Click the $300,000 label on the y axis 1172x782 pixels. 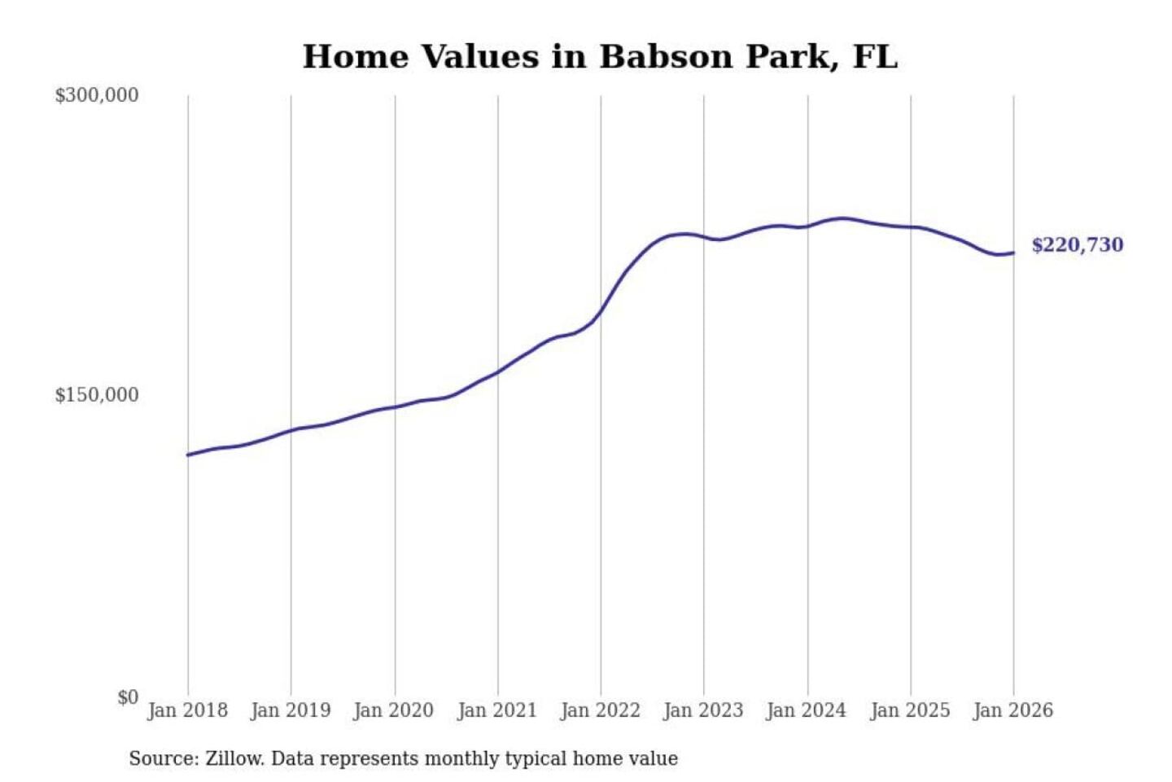click(96, 95)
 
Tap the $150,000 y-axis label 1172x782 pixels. click(96, 395)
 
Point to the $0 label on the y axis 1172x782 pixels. click(127, 697)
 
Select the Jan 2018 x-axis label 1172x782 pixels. click(187, 710)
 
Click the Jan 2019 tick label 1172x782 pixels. click(291, 710)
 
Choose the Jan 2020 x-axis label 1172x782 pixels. click(394, 710)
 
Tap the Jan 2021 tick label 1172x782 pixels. click(497, 710)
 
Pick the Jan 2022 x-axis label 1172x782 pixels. click(601, 710)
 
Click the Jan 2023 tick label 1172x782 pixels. click(704, 710)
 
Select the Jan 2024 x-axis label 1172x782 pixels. click(807, 710)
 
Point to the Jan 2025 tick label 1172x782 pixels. click(910, 710)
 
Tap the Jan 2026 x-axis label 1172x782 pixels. click(1013, 710)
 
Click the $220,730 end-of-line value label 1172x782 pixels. click(1077, 245)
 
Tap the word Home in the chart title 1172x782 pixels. click(355, 57)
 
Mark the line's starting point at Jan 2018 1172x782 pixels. click(188, 455)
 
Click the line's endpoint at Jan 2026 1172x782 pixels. click(1013, 253)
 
